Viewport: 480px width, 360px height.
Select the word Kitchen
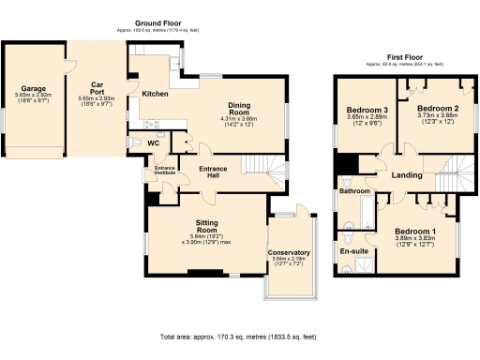(x=155, y=95)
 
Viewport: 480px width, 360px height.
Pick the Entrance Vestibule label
(x=165, y=171)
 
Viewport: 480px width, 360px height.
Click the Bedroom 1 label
(x=414, y=231)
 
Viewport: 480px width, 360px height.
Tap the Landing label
(x=407, y=176)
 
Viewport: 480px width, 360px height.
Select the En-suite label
(x=352, y=251)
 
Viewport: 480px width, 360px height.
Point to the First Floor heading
(x=397, y=57)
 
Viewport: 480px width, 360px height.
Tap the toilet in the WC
(x=134, y=142)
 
